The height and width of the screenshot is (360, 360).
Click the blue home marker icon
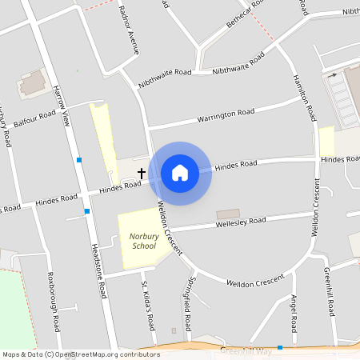pyautogui.click(x=180, y=173)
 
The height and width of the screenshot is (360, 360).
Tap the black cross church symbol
pyautogui.click(x=142, y=173)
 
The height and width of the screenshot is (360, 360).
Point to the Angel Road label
pyautogui.click(x=294, y=313)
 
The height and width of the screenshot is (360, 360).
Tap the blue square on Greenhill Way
pyautogui.click(x=280, y=348)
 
